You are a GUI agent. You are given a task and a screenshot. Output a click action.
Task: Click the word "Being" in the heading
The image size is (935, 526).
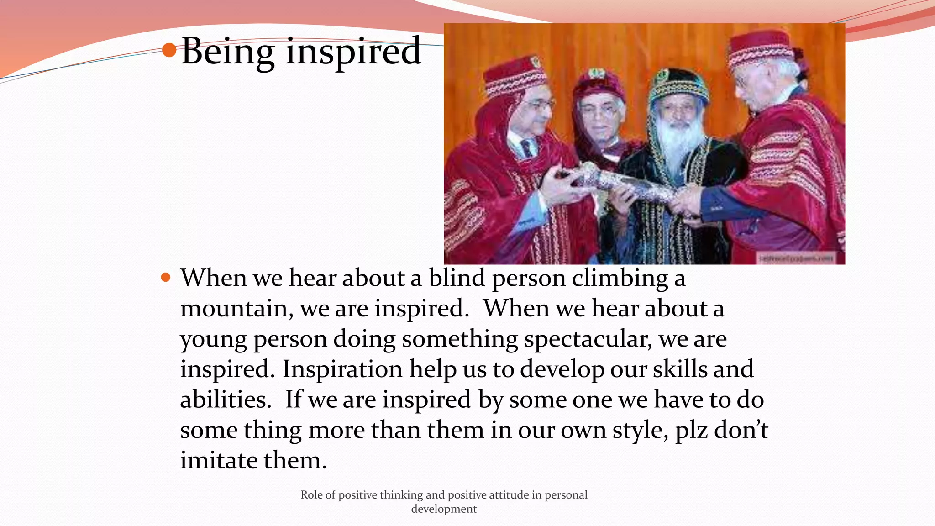point(227,51)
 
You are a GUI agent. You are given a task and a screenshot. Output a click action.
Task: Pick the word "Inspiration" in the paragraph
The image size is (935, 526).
point(342,369)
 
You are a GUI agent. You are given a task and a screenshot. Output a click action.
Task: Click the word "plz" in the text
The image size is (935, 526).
point(691,430)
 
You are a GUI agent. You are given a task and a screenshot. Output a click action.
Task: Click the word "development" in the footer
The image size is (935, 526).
point(444,509)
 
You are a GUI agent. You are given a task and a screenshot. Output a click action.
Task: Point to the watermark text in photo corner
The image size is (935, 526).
point(796,258)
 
